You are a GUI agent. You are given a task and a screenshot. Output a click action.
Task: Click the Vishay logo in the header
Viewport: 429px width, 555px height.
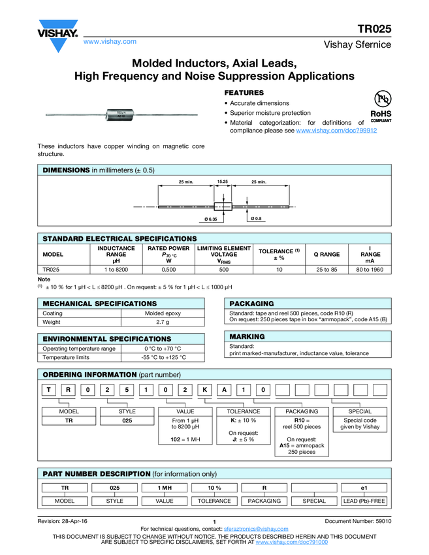pos(57,37)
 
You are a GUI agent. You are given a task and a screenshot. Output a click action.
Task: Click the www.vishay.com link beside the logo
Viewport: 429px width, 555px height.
pos(110,41)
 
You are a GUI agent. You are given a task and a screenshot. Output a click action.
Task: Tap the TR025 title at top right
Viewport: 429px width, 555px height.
pos(374,29)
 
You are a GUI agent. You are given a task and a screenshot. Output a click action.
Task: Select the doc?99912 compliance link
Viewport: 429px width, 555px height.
pos(336,131)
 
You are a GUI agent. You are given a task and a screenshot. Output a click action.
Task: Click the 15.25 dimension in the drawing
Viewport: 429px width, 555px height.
pos(222,181)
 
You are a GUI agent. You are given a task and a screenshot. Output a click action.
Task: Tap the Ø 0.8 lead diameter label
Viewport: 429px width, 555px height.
pos(257,218)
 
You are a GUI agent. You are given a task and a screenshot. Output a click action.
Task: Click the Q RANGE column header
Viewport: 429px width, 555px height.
pos(326,254)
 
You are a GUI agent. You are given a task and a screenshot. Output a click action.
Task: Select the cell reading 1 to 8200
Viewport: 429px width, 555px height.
pos(116,269)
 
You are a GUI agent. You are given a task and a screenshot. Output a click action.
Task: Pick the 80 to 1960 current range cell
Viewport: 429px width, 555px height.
pos(370,269)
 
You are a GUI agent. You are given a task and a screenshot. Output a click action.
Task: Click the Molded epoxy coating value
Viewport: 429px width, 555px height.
pos(163,313)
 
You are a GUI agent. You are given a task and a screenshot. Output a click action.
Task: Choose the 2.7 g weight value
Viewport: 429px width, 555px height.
pos(163,323)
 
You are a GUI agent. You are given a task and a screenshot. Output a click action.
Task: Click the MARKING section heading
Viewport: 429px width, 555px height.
pos(247,336)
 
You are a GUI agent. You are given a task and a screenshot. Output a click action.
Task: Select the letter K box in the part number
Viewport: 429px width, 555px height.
pos(204,390)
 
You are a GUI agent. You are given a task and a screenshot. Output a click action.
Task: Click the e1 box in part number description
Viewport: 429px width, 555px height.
pos(364,488)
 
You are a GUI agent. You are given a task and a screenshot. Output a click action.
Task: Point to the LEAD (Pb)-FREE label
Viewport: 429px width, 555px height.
pos(364,501)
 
